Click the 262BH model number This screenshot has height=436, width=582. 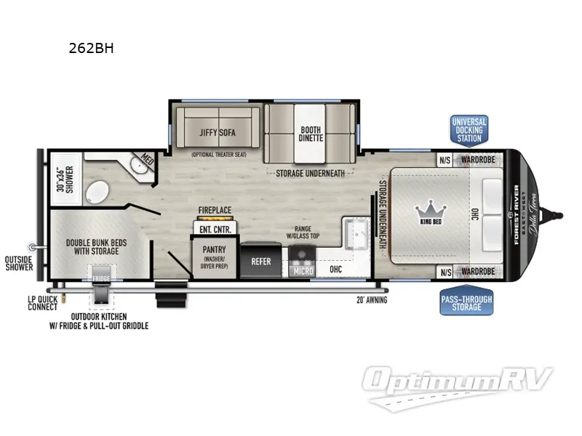86,49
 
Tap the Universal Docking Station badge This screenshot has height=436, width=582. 469,129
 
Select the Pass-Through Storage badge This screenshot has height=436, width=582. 466,302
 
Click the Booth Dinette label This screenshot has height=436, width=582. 310,134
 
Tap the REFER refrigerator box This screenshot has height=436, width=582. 260,261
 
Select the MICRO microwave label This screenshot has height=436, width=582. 303,271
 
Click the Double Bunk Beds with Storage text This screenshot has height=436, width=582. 92,246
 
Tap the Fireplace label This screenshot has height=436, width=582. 215,211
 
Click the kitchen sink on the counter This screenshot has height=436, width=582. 357,231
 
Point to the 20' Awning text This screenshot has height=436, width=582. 371,299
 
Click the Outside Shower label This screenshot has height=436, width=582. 19,262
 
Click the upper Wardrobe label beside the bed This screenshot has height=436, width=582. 477,161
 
